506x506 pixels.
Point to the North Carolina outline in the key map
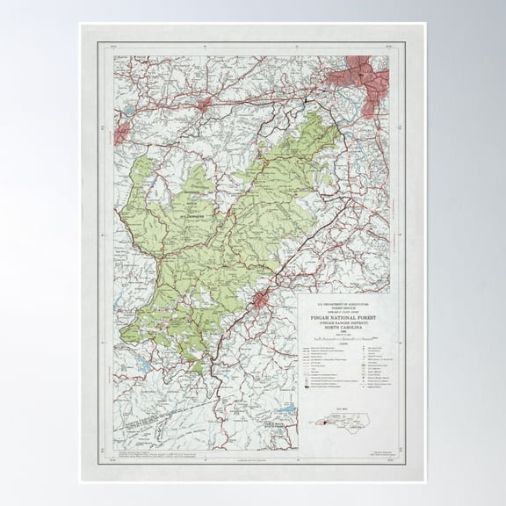tap(351, 423)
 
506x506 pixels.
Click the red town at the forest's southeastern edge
tap(261, 301)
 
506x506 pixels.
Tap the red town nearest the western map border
tap(121, 132)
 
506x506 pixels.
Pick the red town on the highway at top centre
tap(205, 105)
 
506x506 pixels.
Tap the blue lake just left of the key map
tap(286, 409)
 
